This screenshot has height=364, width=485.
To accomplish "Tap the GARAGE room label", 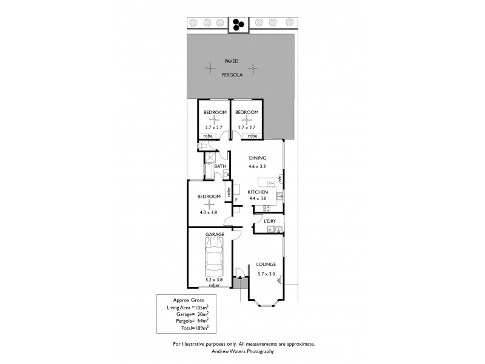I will (x=215, y=234).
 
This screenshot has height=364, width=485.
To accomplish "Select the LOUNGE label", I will (x=266, y=264).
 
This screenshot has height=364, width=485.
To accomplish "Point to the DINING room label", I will (x=258, y=158).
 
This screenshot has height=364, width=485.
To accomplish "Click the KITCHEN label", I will (x=258, y=192).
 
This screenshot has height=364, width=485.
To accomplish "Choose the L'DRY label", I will (x=270, y=221).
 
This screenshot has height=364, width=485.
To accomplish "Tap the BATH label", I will (x=220, y=166).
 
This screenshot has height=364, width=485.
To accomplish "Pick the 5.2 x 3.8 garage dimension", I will (x=213, y=280).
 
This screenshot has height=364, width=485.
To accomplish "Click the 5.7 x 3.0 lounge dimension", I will (x=266, y=274).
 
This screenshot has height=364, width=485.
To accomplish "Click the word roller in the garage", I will (x=213, y=285).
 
